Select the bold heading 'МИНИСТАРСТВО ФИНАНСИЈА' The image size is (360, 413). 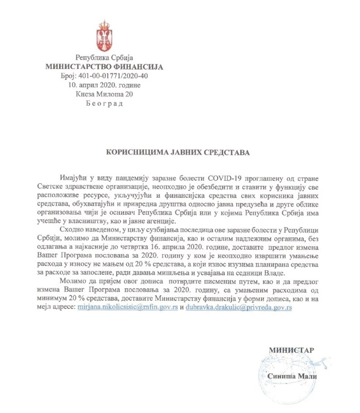coord(104,67)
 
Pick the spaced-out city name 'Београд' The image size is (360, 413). coord(104,103)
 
